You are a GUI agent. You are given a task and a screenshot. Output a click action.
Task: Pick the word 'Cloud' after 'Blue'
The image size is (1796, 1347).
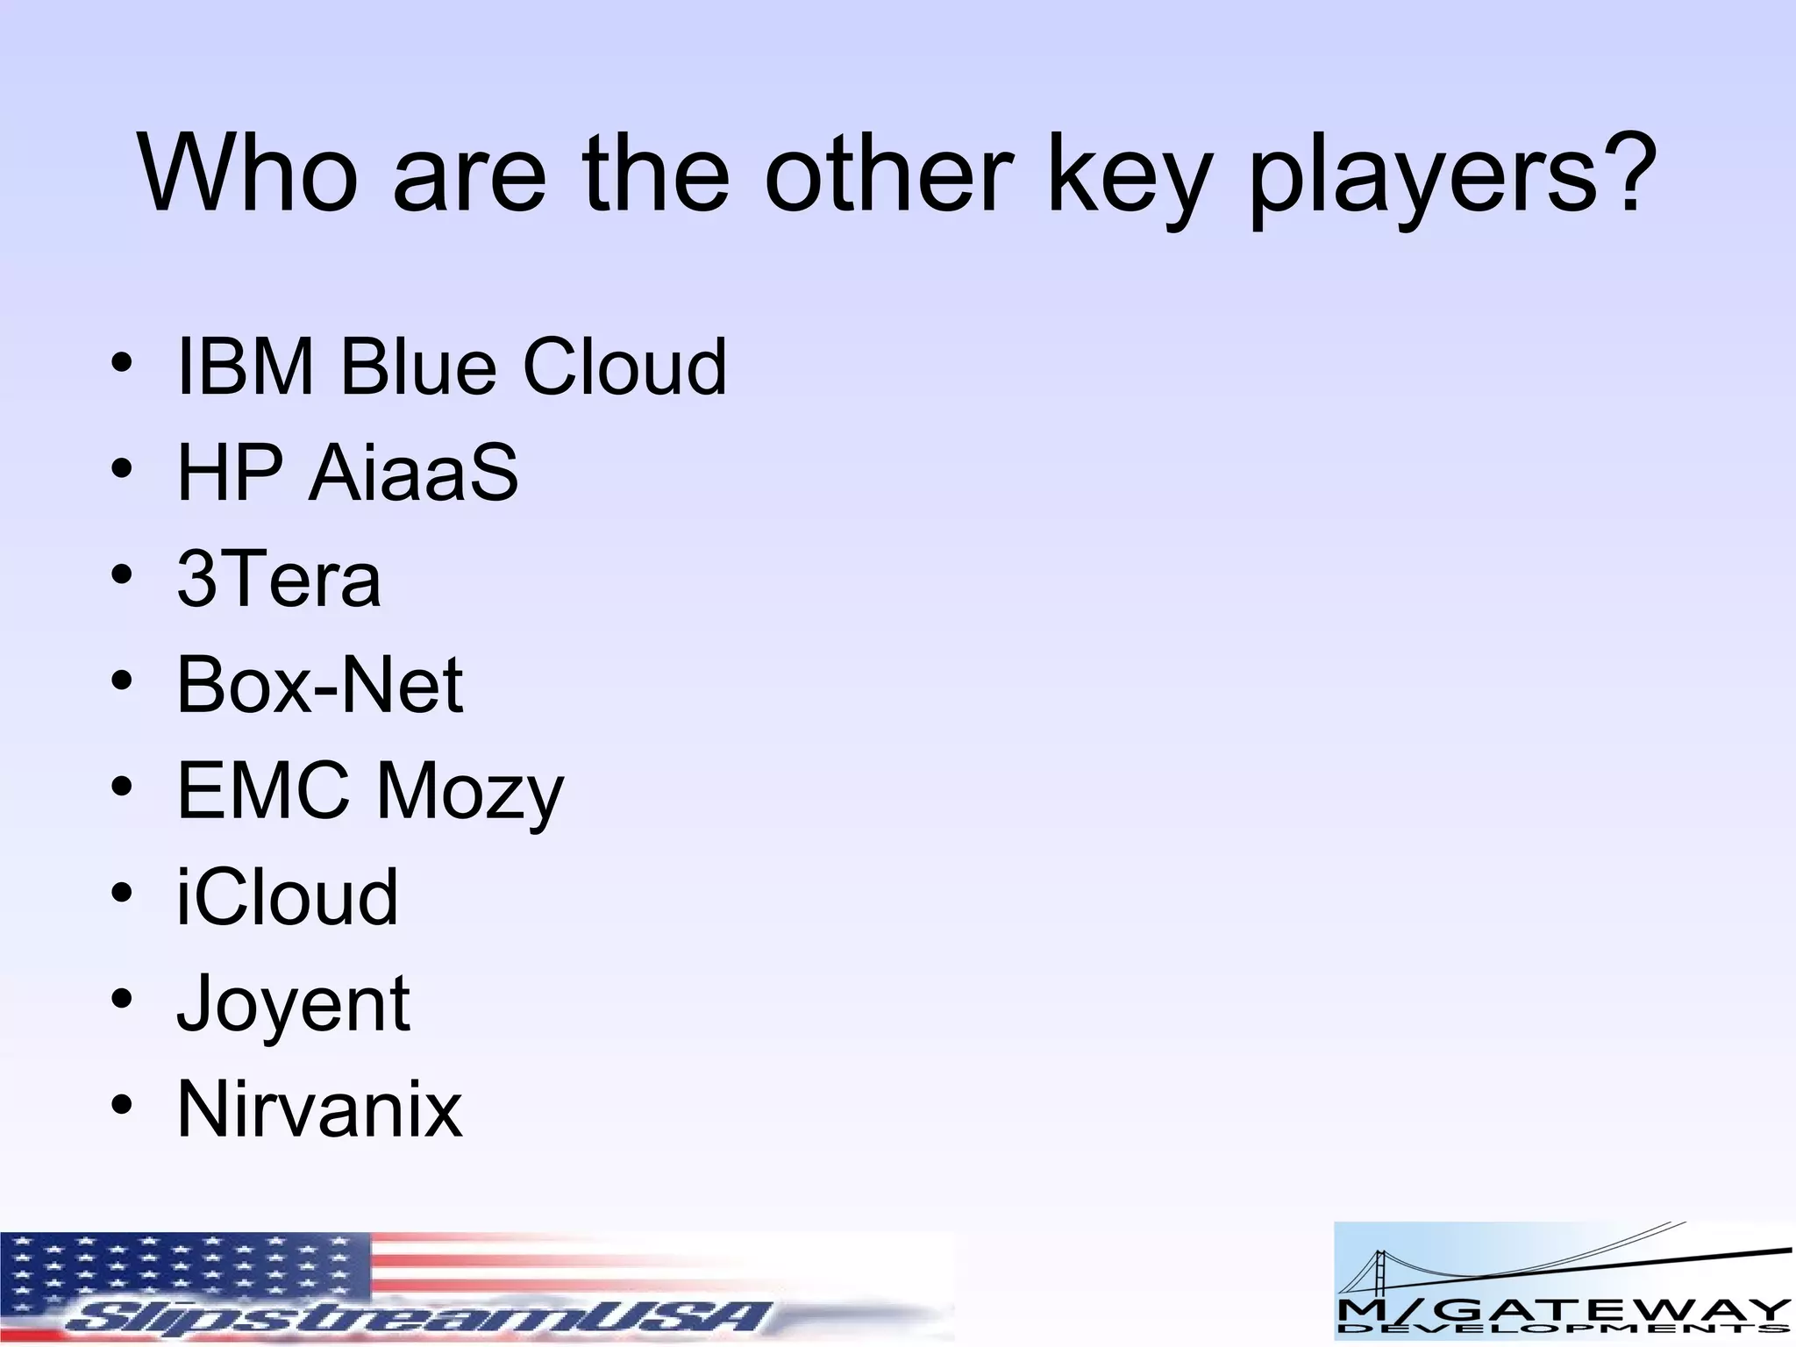[624, 367]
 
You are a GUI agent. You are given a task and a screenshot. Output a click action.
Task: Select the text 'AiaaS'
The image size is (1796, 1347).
[413, 473]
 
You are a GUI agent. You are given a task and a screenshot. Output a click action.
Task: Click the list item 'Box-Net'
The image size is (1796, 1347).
[319, 685]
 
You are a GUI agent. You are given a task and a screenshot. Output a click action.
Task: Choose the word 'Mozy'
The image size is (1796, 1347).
[470, 792]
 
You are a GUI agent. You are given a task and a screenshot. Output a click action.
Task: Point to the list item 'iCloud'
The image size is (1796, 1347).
[288, 897]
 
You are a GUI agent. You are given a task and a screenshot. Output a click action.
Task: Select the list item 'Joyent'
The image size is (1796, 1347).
[293, 1005]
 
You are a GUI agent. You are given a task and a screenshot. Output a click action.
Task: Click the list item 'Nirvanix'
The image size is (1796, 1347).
[319, 1109]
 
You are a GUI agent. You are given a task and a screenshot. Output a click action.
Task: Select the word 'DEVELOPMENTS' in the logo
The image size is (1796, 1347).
[1562, 1331]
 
